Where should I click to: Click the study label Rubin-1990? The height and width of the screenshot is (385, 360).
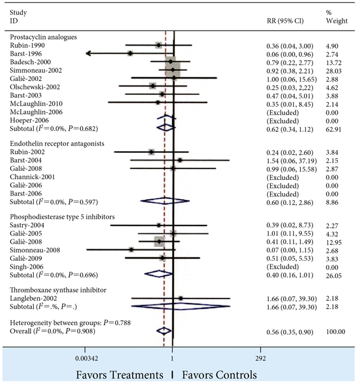click(26, 46)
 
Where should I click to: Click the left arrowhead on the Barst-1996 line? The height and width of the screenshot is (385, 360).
click(88, 54)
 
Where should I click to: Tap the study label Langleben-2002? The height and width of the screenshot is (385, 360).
click(34, 298)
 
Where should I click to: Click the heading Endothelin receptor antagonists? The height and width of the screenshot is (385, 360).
click(55, 144)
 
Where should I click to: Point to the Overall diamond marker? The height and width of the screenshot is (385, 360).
click(163, 330)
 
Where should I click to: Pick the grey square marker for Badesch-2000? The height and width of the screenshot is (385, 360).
click(171, 62)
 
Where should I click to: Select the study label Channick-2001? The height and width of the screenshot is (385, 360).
click(31, 177)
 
